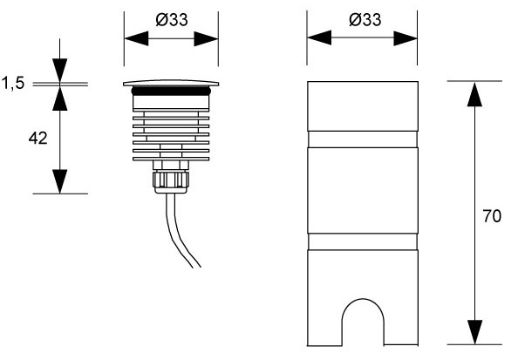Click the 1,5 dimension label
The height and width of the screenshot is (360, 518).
pos(13,83)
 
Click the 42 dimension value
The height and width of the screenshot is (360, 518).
pos(37,138)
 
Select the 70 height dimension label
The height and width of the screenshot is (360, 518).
pos(492,216)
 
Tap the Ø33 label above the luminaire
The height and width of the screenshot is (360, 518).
pos(172,20)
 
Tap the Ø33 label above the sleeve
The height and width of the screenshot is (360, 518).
pos(365,20)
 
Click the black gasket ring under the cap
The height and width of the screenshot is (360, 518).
pos(171,91)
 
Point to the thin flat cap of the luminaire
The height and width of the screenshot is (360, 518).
pos(171,83)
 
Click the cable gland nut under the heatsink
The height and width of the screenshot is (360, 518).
pos(171,180)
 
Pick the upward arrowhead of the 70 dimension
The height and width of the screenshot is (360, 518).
pos(474,94)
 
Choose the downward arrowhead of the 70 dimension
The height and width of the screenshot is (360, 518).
pos(474,332)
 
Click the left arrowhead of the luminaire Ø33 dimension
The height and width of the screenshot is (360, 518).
pos(136,39)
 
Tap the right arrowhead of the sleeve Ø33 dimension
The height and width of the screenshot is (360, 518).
pos(406,38)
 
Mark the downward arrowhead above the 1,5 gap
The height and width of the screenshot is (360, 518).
pos(60,70)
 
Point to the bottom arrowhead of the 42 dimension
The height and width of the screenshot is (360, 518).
pos(60,181)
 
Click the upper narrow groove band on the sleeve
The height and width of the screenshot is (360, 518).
pos(363,139)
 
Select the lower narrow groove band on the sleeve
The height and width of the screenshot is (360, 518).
pos(363,241)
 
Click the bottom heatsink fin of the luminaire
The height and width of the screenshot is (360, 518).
pos(171,159)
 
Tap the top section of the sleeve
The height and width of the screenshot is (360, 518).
pos(363,106)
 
